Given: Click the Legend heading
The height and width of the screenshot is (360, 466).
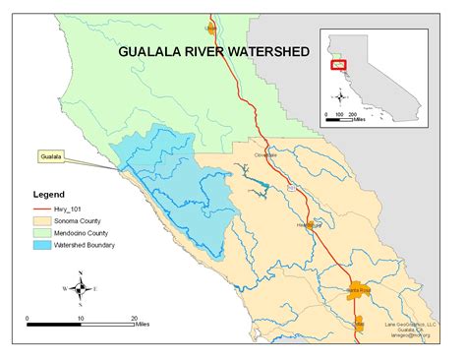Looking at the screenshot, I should pyautogui.click(x=49, y=195).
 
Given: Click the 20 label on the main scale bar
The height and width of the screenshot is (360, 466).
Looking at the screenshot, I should pyautogui.click(x=134, y=319).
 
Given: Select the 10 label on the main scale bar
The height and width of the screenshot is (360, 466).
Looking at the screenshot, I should pyautogui.click(x=81, y=319).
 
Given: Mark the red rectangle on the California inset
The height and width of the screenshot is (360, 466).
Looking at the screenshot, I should pyautogui.click(x=337, y=64).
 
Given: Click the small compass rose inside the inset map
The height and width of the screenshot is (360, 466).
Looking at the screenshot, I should pyautogui.click(x=340, y=96).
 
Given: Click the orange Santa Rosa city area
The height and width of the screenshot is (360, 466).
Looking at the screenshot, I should pyautogui.click(x=353, y=292).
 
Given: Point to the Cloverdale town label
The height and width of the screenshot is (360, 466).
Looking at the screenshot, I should pyautogui.click(x=261, y=154).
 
